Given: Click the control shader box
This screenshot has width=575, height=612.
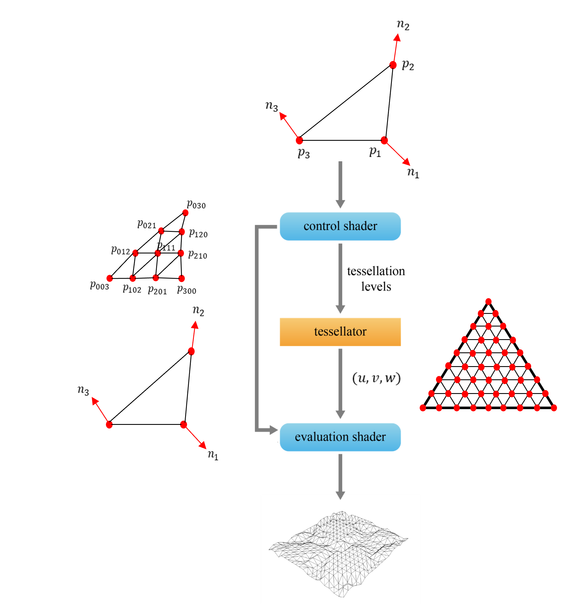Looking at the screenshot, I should pos(340,226).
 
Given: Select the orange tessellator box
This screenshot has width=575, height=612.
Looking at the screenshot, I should pos(340,332).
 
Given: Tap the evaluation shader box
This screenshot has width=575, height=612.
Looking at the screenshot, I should pos(340,437).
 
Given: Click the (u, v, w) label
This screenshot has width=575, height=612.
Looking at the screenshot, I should pos(376,378).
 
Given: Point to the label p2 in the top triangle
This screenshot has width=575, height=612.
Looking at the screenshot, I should pos(408,65).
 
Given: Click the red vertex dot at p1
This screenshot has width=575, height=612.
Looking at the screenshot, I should pos(384,140).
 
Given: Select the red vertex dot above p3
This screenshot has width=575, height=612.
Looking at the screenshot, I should pos(299,140).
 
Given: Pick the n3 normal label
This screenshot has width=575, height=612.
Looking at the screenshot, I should pos(272,106).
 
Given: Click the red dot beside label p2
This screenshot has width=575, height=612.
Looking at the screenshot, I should pos(393,65).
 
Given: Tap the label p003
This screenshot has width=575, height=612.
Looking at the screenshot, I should pos(99,285).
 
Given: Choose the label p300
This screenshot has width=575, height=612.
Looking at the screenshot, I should pos(187,290).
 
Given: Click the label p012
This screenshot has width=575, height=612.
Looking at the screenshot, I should pos(120,250).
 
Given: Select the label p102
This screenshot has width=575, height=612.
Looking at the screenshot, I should pos(132,289).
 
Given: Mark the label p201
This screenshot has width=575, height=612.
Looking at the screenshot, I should pos(157,290).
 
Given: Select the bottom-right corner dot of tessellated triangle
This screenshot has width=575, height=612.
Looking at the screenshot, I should pos(554,408).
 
